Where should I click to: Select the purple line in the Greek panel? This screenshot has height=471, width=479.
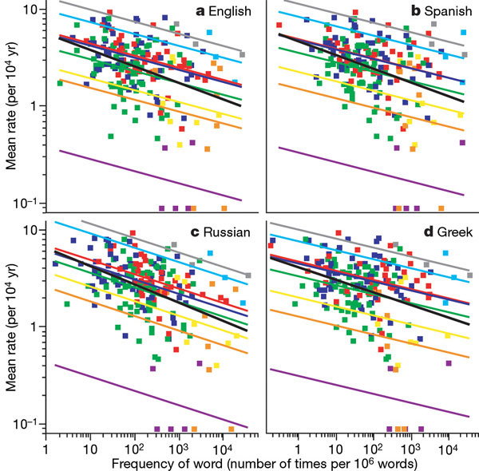[367, 393]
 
